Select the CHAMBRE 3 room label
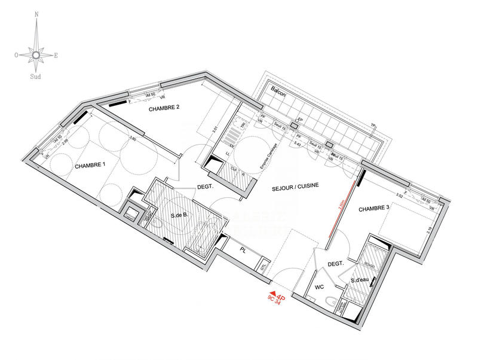point(374,209)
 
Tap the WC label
point(319,286)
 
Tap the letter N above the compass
point(36,13)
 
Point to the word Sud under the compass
point(36,77)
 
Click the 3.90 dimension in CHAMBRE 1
point(133,139)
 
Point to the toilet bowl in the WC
point(329,302)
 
